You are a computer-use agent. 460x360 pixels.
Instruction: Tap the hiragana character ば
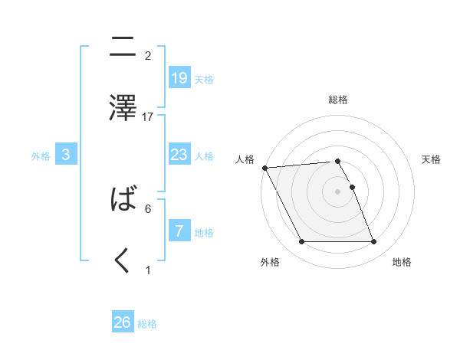coord(123,200)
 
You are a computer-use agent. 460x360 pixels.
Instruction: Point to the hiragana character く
coord(123,261)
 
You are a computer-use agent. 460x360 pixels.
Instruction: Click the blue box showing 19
coord(179,77)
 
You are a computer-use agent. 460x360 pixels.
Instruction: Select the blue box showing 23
coord(179,155)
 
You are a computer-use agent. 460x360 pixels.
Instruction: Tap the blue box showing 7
coord(179,231)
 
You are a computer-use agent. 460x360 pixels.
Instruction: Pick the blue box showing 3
coord(66,155)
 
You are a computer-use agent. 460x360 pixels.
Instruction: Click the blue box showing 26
coord(123,322)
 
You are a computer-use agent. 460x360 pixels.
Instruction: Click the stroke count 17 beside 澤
coord(148,117)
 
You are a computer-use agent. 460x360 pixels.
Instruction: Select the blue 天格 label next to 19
coord(204,79)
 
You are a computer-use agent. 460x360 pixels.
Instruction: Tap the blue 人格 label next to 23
coord(204,155)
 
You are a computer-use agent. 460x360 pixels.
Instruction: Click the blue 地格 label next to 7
coord(204,232)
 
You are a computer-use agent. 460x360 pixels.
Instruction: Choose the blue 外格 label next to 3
coord(41,155)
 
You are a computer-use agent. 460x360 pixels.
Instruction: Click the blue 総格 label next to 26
coord(147,324)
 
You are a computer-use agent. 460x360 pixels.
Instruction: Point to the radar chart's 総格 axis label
coord(338,100)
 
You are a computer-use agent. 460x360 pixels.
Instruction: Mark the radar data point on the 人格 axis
coord(264,168)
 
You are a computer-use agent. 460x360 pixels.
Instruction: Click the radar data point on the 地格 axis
coord(373,242)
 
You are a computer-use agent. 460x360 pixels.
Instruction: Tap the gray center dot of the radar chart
coord(337,191)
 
